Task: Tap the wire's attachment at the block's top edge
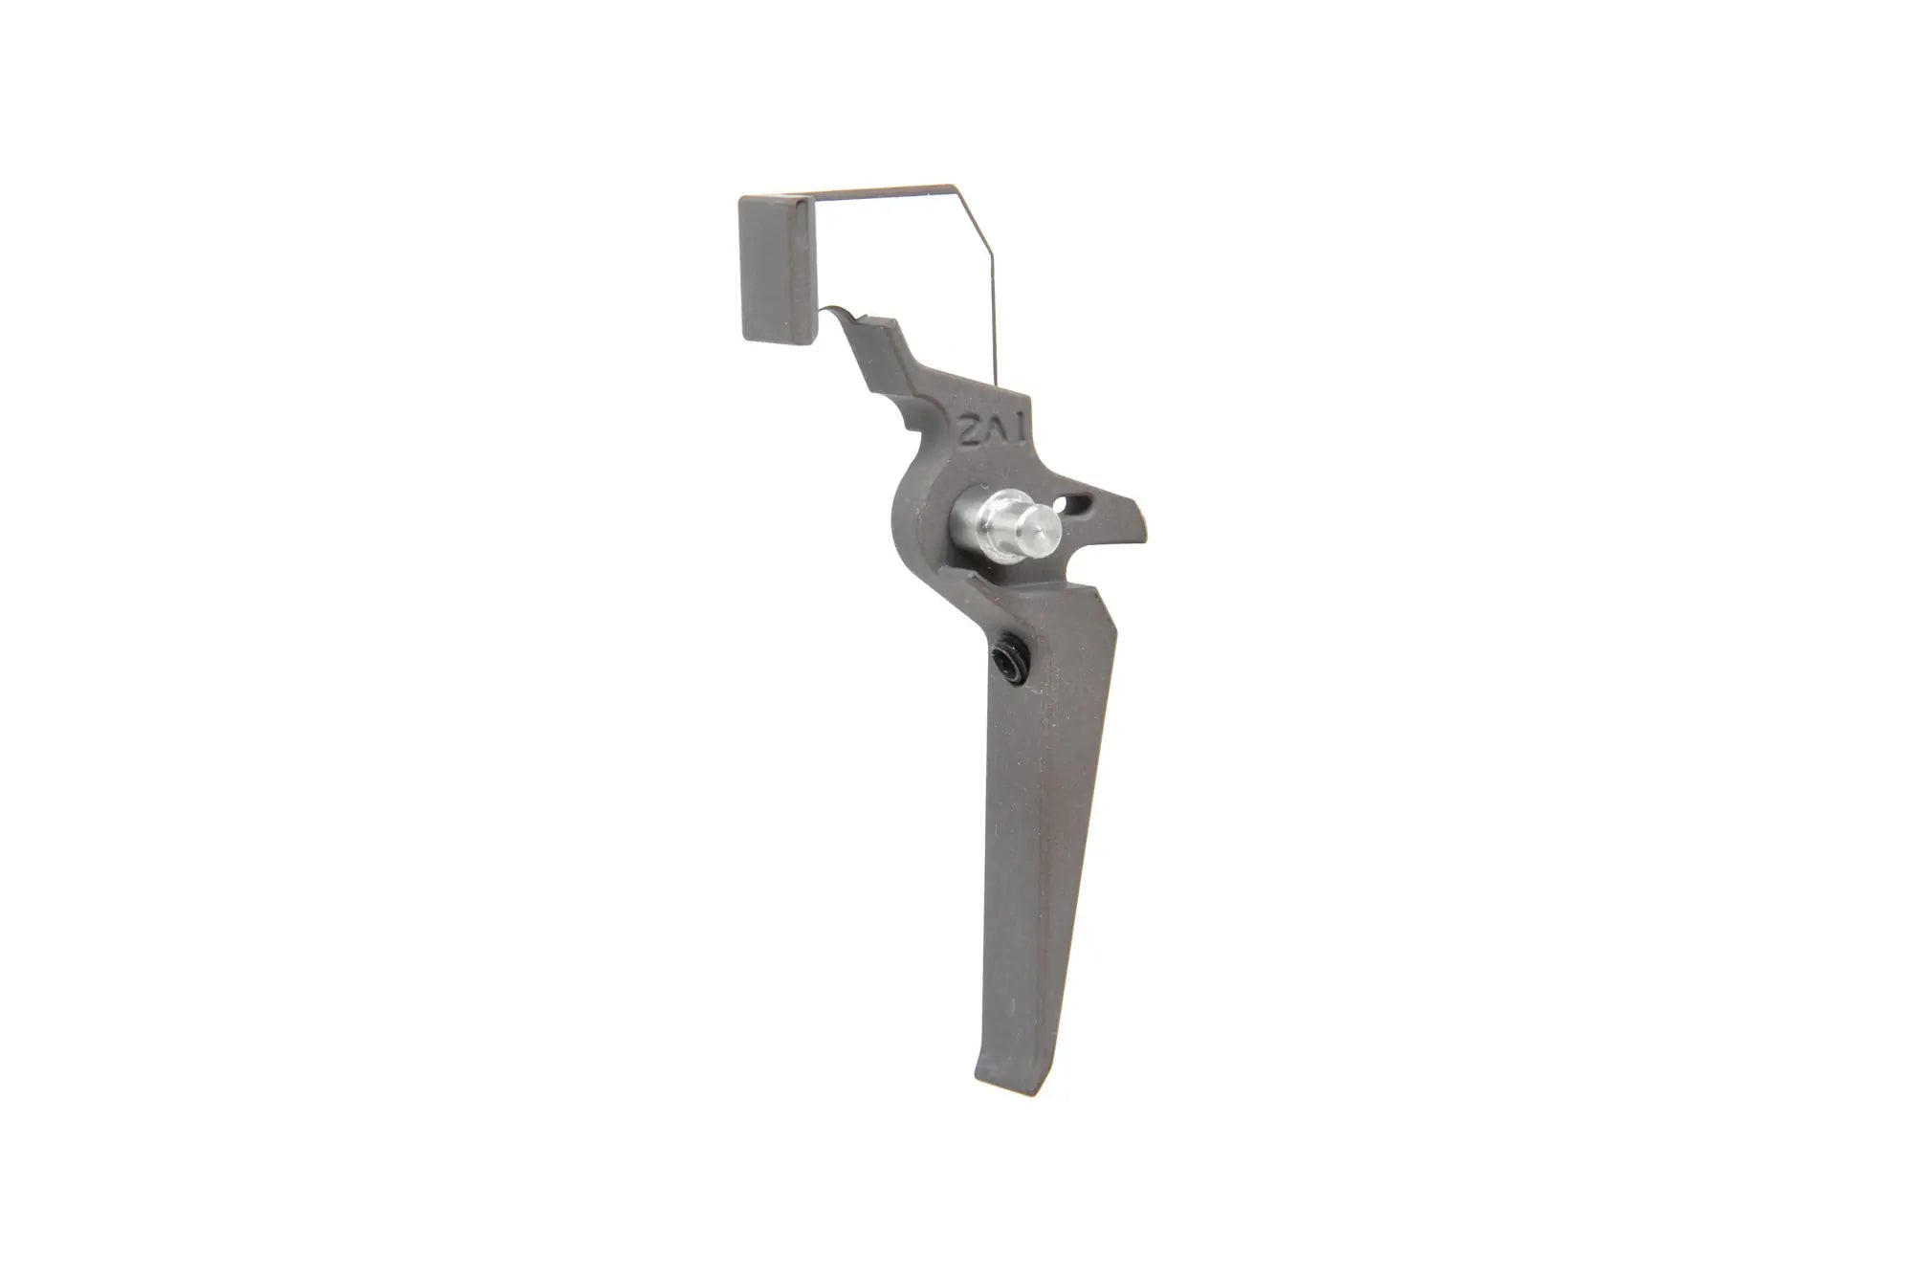808,198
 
